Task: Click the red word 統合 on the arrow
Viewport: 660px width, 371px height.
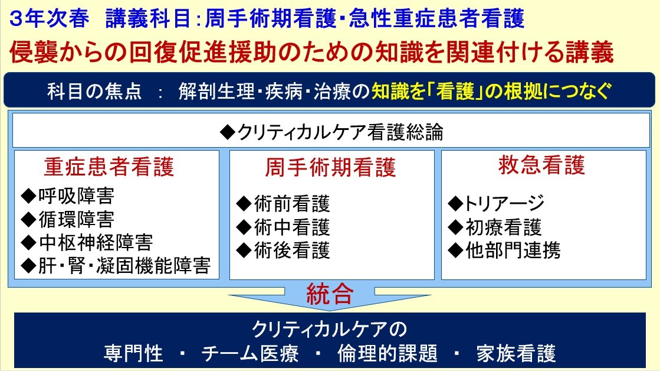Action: click(330, 294)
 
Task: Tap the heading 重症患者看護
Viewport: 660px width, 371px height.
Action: click(109, 167)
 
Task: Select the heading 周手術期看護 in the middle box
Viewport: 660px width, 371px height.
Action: click(330, 167)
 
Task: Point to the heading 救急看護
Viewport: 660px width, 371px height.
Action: click(541, 164)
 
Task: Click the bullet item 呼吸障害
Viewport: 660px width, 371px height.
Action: click(68, 196)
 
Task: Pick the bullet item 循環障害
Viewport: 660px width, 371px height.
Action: click(68, 219)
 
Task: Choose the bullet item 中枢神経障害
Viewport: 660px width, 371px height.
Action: click(87, 242)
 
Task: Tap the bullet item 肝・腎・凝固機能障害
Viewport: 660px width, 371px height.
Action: click(116, 266)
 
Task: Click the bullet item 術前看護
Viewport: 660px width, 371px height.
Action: click(283, 204)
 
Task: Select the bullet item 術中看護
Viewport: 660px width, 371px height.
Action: click(283, 227)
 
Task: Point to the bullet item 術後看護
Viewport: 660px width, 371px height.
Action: click(283, 250)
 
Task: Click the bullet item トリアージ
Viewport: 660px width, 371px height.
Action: click(496, 204)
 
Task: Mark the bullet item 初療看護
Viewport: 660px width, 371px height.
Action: click(495, 227)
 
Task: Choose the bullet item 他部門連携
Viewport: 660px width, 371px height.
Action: click(504, 250)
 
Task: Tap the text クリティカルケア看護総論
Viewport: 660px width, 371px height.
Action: click(331, 132)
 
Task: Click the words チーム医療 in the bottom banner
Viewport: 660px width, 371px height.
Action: click(250, 353)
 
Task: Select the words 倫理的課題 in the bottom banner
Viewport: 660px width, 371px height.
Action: click(388, 353)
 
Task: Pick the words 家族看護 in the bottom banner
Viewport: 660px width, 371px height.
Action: click(516, 353)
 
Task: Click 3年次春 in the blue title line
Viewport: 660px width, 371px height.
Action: click(49, 19)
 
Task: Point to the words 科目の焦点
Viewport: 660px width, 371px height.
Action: click(94, 91)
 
